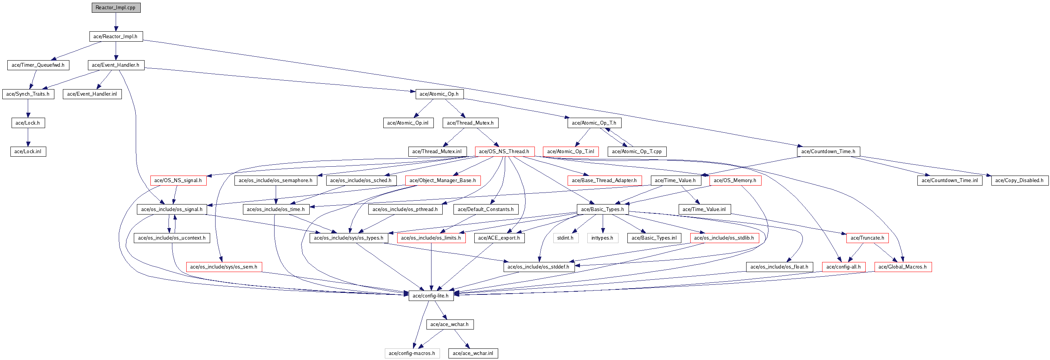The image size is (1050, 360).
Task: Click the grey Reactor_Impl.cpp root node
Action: [116, 8]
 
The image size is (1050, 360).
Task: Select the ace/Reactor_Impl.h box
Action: [116, 36]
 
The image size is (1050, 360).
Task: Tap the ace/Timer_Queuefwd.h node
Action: [38, 65]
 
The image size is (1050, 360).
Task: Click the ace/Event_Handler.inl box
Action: [92, 94]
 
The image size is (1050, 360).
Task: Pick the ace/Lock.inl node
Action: [28, 151]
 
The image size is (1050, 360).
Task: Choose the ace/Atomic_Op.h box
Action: [440, 94]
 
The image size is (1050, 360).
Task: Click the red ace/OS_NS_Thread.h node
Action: [505, 151]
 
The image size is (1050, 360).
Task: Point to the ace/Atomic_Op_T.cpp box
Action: [637, 151]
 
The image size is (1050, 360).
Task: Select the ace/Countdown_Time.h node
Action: [829, 151]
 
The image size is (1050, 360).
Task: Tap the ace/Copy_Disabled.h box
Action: [1020, 180]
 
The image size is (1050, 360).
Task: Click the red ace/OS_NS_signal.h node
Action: [178, 180]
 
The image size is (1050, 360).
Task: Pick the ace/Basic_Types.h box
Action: [603, 209]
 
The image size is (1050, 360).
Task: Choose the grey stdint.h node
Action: [566, 238]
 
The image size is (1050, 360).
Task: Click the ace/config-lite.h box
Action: [431, 296]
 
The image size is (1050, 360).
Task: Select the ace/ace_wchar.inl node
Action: [473, 353]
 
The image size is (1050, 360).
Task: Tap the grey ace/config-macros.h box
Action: [412, 353]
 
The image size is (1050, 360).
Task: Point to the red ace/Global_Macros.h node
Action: [903, 267]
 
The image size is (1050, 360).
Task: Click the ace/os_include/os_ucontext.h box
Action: [172, 238]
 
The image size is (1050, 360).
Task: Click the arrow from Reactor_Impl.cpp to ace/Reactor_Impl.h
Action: [116, 22]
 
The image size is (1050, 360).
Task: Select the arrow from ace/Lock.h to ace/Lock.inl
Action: [28, 137]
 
